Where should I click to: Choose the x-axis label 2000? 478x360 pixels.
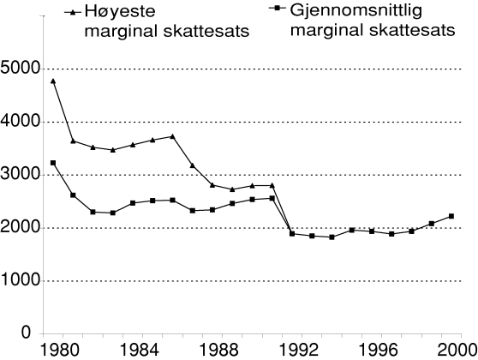(x=458, y=351)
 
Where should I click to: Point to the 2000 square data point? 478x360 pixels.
(x=451, y=216)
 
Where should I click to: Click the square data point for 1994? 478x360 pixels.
(x=331, y=237)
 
